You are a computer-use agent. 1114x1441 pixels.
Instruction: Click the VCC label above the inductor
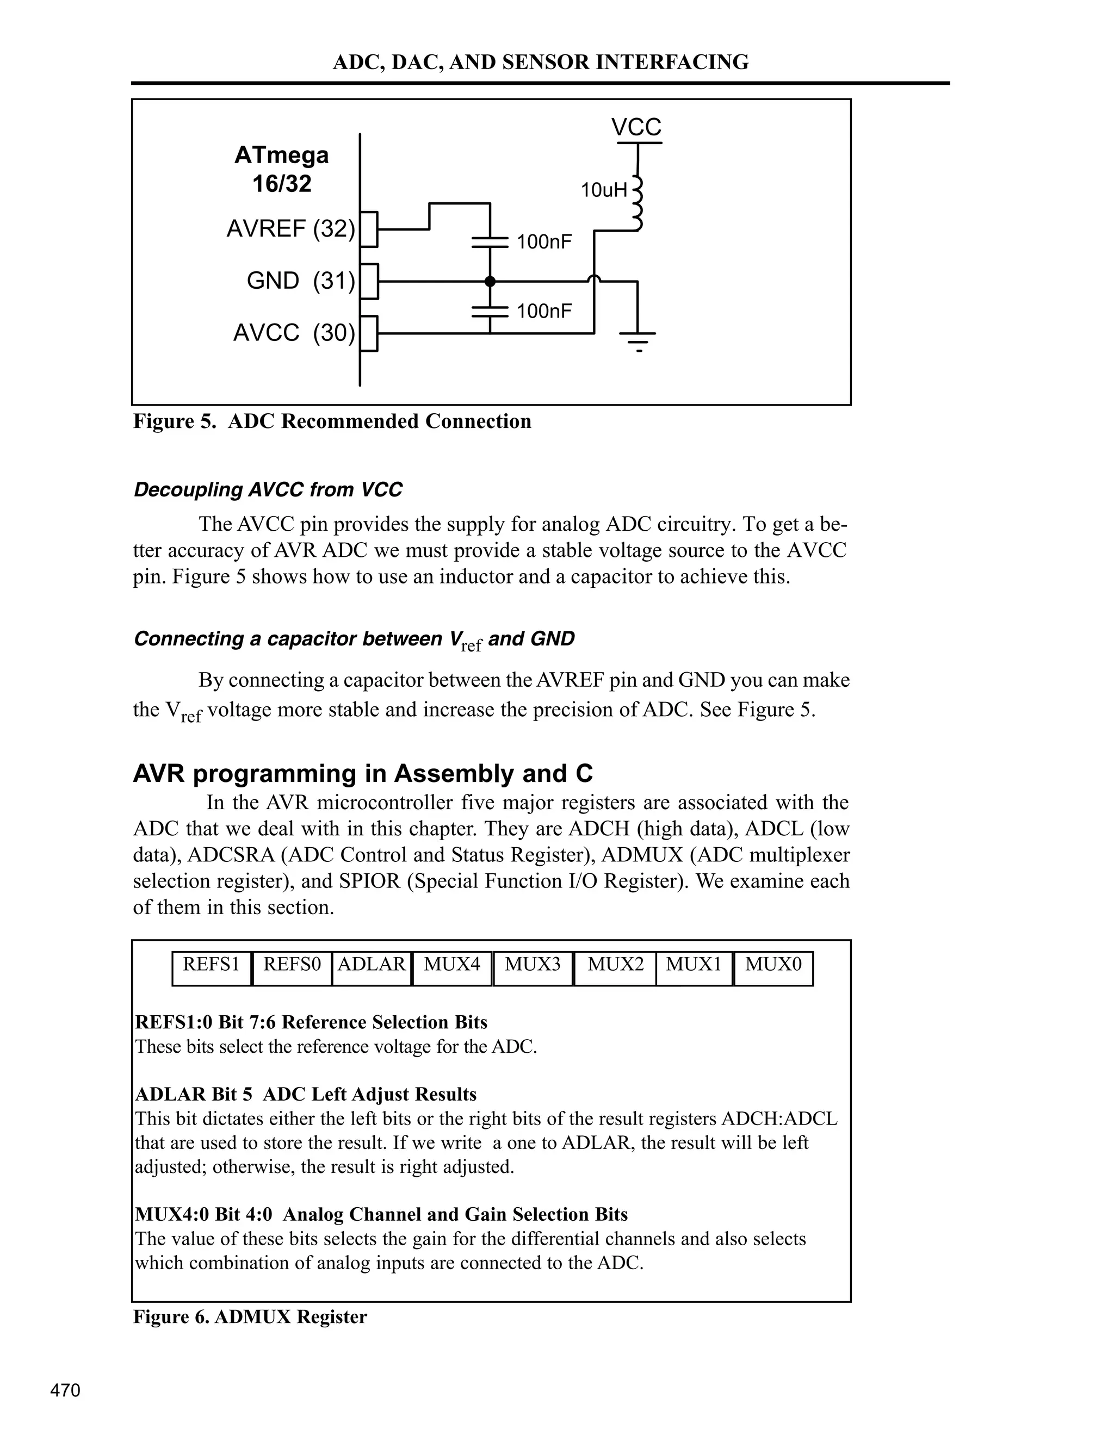636,127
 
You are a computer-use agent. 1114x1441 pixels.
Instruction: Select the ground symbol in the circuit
638,340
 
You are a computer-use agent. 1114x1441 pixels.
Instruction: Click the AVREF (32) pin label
290,229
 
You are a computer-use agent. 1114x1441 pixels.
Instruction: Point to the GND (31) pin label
300,281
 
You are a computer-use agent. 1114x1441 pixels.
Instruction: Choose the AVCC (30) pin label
294,333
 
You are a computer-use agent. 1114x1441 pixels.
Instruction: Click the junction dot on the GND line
490,282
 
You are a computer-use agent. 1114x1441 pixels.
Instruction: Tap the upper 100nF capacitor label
544,242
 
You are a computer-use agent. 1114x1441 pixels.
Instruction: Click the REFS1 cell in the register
211,965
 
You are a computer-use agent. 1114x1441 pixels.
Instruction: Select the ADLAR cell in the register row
372,965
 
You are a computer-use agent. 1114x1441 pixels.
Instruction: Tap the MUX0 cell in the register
773,965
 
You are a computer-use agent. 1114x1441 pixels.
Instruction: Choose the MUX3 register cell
533,965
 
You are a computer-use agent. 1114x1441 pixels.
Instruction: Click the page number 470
65,1390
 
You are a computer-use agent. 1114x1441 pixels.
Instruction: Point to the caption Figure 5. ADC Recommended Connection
332,421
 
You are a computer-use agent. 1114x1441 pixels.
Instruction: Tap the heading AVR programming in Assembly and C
362,773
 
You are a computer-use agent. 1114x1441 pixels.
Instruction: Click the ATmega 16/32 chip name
282,169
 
